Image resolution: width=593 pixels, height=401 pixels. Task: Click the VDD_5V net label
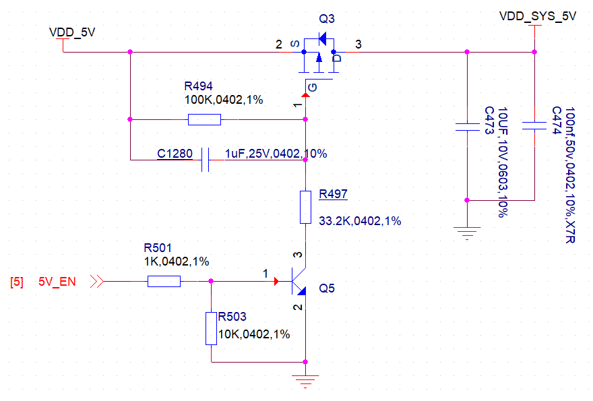tap(72, 32)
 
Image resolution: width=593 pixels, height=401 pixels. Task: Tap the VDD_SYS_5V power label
tap(538, 16)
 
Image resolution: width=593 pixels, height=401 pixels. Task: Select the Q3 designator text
tap(327, 19)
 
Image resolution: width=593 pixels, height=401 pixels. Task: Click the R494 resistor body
tap(205, 119)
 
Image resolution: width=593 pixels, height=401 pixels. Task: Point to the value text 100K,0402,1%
tap(224, 100)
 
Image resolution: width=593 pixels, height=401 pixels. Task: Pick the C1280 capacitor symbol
tap(205, 160)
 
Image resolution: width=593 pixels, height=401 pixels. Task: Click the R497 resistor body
tap(305, 208)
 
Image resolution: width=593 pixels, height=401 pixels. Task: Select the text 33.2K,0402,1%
tap(360, 221)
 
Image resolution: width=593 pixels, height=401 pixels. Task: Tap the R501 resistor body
tap(164, 282)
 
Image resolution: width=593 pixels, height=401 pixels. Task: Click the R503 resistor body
tap(211, 328)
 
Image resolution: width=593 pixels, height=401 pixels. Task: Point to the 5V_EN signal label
tap(57, 282)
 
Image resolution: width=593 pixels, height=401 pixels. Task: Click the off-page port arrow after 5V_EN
tap(97, 282)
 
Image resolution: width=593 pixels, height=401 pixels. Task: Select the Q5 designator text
tap(327, 288)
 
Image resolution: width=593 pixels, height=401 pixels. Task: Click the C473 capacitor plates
tap(467, 127)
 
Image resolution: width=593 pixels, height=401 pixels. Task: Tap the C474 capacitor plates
tap(534, 126)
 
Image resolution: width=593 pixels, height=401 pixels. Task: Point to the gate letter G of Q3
tap(313, 88)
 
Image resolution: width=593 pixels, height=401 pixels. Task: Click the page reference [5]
tap(17, 282)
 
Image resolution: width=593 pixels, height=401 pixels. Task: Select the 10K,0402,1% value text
tap(254, 334)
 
